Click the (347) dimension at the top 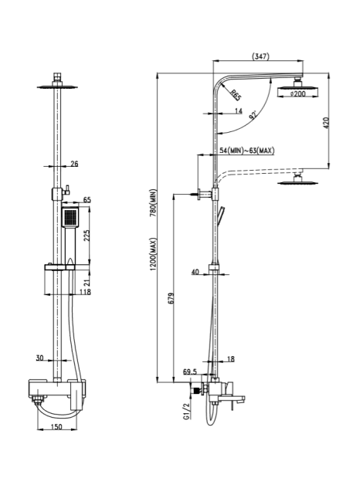[260, 56]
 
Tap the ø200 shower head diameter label [298, 93]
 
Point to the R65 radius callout [236, 96]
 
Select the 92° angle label [253, 115]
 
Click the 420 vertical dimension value [326, 123]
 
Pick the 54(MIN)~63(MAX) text [247, 150]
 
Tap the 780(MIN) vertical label [153, 203]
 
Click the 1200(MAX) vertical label [153, 254]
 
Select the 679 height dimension [171, 298]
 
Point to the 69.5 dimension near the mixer [190, 372]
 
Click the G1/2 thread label [186, 411]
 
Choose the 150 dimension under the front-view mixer [56, 426]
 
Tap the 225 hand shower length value [87, 236]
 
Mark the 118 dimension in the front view [85, 292]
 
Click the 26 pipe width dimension [74, 164]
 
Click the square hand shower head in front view [70, 217]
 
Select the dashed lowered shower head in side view [298, 180]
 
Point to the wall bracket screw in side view [195, 194]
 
